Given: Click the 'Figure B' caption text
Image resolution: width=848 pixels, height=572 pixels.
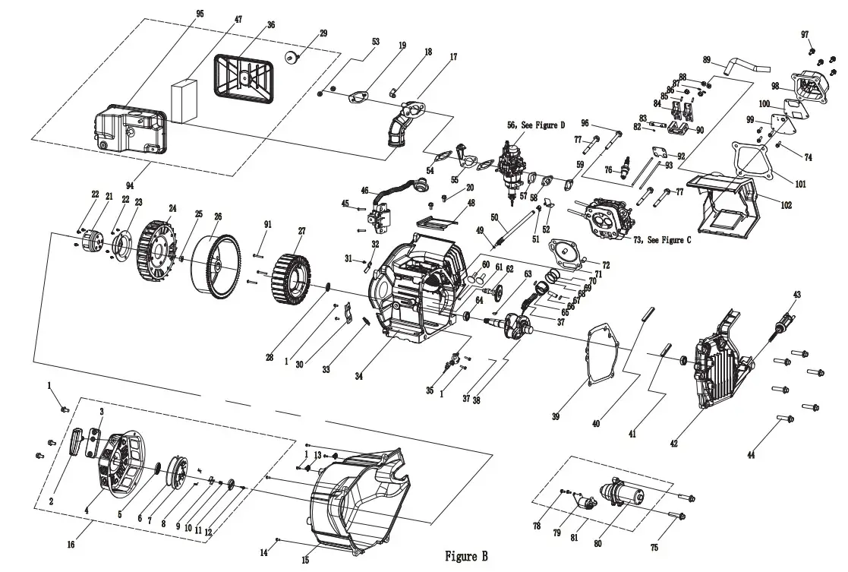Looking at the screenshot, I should click(x=466, y=557).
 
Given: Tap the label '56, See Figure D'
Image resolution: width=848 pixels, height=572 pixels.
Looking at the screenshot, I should click(x=534, y=125).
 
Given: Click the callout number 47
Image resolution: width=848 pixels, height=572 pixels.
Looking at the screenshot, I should click(x=238, y=19).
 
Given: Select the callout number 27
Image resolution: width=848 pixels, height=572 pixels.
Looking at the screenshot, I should click(x=301, y=231).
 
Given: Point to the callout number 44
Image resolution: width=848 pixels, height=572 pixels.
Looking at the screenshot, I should click(x=751, y=455).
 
